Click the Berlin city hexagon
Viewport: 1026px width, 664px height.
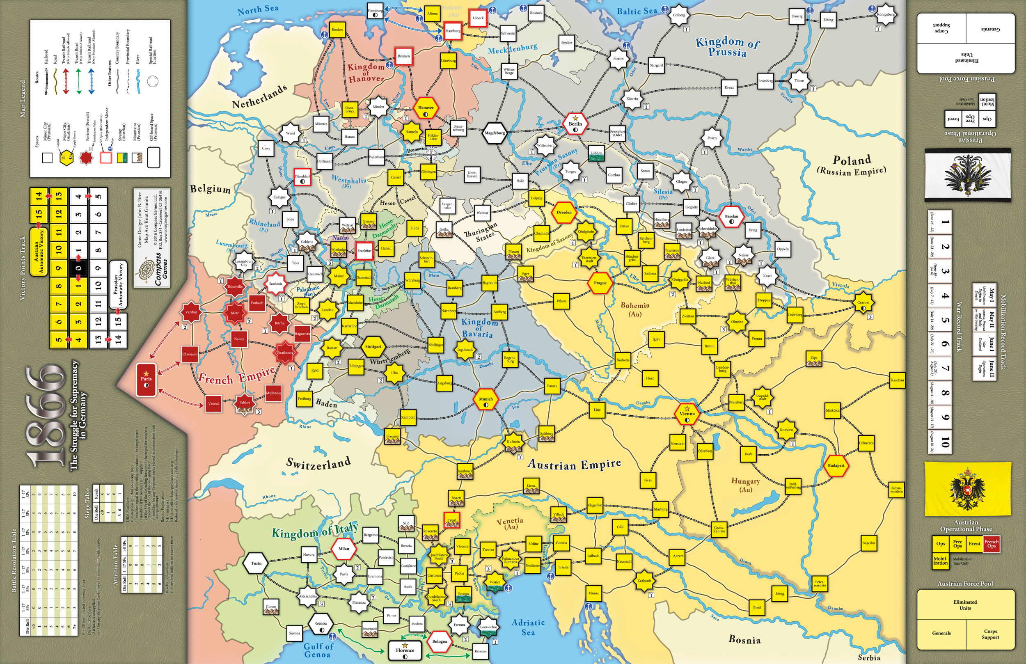coord(575,124)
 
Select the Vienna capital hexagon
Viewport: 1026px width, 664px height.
coord(687,414)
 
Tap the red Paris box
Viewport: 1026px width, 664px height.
coord(146,380)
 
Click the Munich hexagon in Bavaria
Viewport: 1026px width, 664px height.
coord(486,399)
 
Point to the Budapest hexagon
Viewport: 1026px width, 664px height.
coord(836,465)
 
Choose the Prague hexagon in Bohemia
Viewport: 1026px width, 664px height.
coord(600,283)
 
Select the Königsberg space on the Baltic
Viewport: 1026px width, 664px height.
coord(886,14)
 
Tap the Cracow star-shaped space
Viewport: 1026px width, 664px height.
coord(863,303)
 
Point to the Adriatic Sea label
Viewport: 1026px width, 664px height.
coord(528,627)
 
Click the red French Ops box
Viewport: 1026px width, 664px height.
coord(991,544)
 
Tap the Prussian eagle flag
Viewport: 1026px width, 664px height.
coord(967,175)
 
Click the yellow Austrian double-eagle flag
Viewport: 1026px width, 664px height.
coord(967,488)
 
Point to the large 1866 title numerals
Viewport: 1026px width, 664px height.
coord(45,416)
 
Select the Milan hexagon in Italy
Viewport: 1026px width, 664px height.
coord(344,549)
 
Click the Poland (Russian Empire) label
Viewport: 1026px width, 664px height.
coord(852,165)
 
